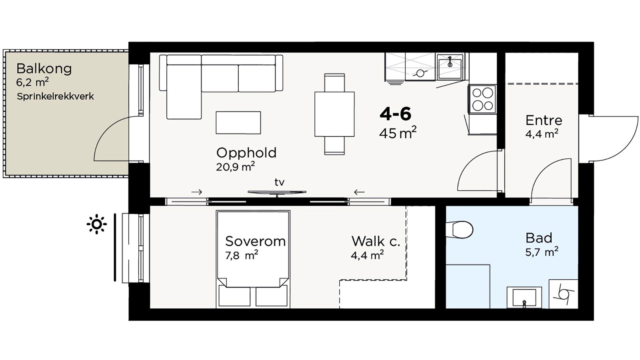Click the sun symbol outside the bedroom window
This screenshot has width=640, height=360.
point(97,224)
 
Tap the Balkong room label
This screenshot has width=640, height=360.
point(44,69)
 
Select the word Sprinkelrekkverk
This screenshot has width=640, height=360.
point(55,96)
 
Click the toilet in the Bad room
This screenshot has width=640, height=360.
point(460,230)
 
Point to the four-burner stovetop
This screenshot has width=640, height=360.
point(482,100)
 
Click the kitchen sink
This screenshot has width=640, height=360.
point(450,66)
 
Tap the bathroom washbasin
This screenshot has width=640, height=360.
point(524,298)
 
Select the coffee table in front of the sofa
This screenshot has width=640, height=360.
point(238,122)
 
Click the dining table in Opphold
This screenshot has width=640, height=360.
point(334,114)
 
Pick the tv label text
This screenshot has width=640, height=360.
point(280,182)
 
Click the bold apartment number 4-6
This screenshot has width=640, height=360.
point(396,114)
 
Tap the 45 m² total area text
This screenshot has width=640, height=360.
point(398,133)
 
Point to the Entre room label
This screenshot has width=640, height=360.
point(544,120)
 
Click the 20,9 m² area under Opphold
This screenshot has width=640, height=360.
point(236,166)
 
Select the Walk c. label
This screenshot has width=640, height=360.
point(376,242)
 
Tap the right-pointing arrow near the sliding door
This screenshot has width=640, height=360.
point(197,192)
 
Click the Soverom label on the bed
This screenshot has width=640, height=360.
point(256,242)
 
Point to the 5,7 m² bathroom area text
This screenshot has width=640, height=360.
point(542,252)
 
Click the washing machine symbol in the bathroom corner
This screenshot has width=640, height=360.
point(564,294)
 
